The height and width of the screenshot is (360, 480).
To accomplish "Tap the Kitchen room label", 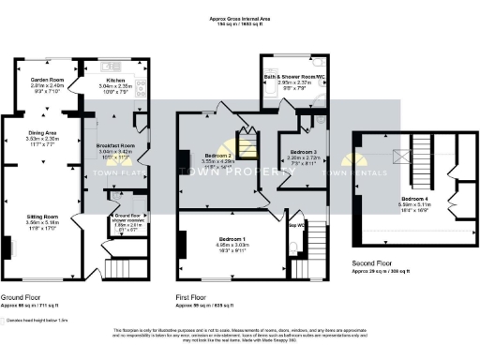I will pos(102,81).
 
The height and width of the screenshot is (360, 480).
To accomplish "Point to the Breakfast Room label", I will pos(117,145).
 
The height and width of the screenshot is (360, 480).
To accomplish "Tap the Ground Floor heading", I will pos(21,297).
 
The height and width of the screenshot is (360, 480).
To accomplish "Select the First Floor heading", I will pos(190,297).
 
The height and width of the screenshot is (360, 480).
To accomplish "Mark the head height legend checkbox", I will pos(5,320).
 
